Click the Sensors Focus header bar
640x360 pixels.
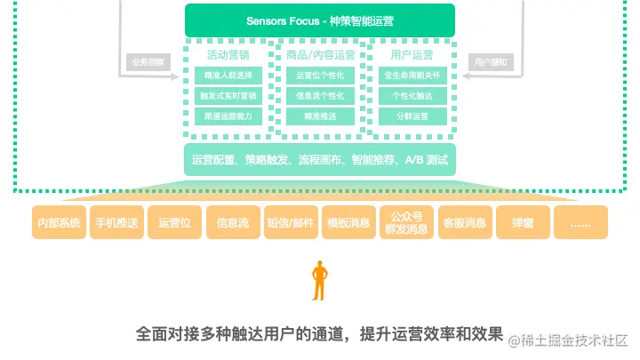click(x=319, y=20)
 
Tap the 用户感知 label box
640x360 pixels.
click(x=492, y=62)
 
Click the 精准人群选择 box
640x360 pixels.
click(x=228, y=76)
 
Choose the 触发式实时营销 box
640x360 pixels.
click(x=228, y=96)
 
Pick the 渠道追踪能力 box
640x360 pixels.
click(x=228, y=116)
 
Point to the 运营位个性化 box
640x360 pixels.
click(x=320, y=76)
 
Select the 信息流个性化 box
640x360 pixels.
click(x=320, y=96)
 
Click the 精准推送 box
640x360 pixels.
click(x=320, y=116)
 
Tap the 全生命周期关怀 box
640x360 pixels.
click(x=412, y=76)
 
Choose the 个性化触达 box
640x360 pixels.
click(x=412, y=96)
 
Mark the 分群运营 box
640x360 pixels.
click(x=412, y=116)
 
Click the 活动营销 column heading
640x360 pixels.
click(x=228, y=55)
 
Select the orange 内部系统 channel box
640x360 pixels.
click(x=58, y=223)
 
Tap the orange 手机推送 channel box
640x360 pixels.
click(x=116, y=223)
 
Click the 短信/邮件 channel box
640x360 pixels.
click(x=291, y=223)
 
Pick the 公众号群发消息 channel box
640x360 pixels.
click(x=406, y=222)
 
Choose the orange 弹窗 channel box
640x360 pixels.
click(x=522, y=223)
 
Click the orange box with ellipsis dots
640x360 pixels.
click(x=580, y=223)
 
